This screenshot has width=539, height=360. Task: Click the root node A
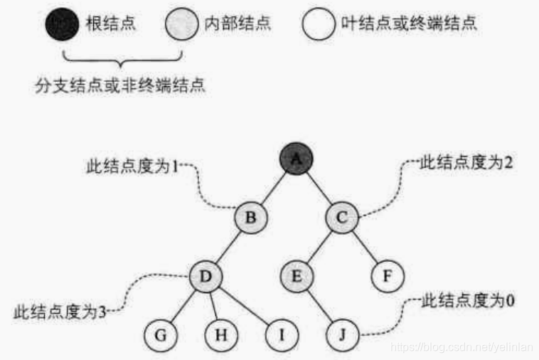click(297, 162)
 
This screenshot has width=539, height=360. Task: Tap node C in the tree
click(343, 218)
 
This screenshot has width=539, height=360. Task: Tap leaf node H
click(220, 333)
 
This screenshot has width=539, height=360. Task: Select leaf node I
click(281, 333)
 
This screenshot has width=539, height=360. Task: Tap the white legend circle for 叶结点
click(319, 25)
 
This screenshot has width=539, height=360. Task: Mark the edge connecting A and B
click(274, 189)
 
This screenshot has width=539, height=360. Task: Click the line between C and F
click(365, 246)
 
